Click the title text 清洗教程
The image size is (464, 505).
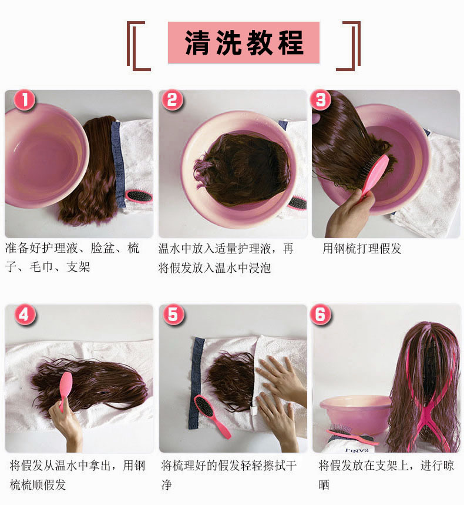[244, 43]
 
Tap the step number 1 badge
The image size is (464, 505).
[23, 101]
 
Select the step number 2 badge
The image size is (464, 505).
[172, 101]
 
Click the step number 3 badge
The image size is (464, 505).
[321, 101]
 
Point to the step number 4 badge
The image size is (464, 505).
[23, 315]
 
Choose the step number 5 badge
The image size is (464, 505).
[172, 315]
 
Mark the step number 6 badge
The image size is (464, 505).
[321, 315]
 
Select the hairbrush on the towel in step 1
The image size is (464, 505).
[139, 197]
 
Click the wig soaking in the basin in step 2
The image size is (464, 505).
[241, 168]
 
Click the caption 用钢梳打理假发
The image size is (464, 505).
[362, 249]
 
